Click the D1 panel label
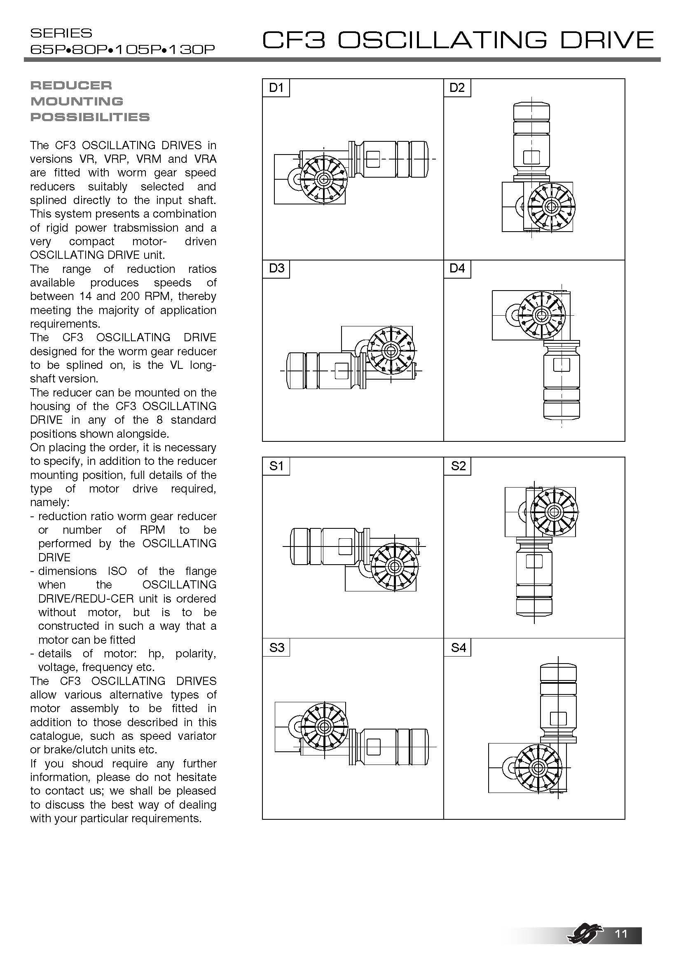(276, 88)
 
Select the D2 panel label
(457, 88)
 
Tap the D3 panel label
(276, 268)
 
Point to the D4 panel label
(457, 268)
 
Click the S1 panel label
(276, 466)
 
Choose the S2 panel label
(458, 466)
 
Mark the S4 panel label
(458, 647)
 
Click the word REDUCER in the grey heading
(71, 86)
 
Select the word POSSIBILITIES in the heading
(90, 117)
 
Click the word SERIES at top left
(61, 33)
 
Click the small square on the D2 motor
(531, 157)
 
